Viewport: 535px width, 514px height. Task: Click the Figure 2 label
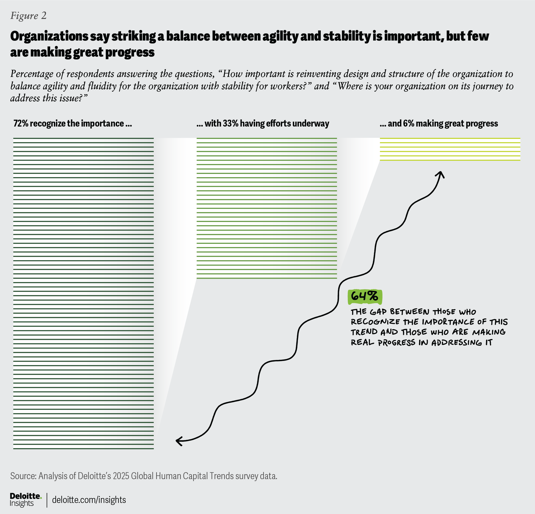pos(28,16)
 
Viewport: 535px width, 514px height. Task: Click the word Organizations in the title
pos(49,37)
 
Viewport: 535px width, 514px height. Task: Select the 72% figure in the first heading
pos(21,124)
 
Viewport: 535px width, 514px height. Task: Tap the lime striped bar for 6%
pos(450,149)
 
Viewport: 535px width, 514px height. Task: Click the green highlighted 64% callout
pos(365,296)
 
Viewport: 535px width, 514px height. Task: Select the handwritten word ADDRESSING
pos(456,343)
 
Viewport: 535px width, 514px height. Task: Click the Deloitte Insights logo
pos(25,500)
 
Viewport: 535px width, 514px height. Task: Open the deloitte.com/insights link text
pos(89,500)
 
